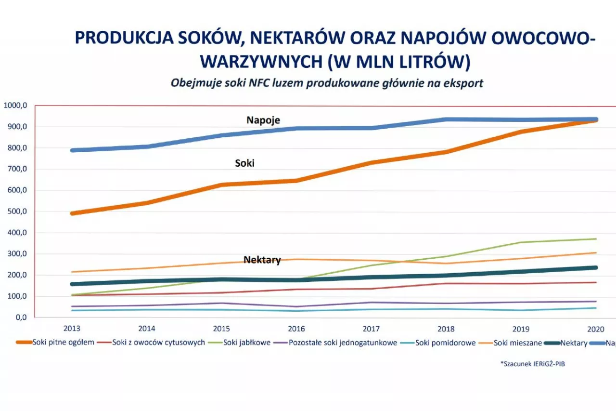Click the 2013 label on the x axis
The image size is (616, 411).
pyautogui.click(x=72, y=329)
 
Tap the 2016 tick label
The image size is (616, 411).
pyautogui.click(x=296, y=329)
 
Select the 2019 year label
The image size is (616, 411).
pyautogui.click(x=521, y=329)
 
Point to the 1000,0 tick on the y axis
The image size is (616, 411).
pyautogui.click(x=16, y=106)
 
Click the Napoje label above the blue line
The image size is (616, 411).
pyautogui.click(x=263, y=120)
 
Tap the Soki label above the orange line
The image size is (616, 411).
pyautogui.click(x=244, y=163)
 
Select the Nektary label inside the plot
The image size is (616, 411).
pyautogui.click(x=262, y=260)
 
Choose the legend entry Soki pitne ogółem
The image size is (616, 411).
pyautogui.click(x=60, y=343)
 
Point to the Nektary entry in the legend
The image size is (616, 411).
pyautogui.click(x=574, y=343)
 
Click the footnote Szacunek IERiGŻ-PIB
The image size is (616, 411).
pyautogui.click(x=533, y=364)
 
